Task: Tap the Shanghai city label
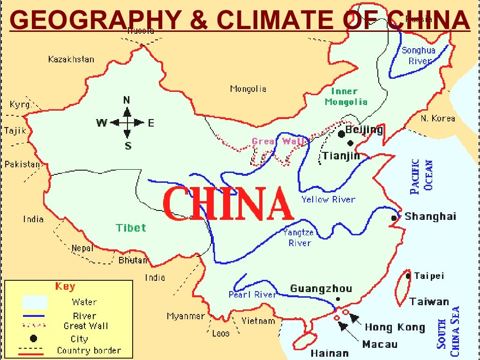click(x=430, y=217)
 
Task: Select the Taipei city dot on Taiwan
click(x=408, y=276)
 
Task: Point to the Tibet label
click(x=131, y=228)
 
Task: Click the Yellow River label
click(x=328, y=200)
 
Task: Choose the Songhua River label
click(x=419, y=55)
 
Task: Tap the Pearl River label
click(x=252, y=295)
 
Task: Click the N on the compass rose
click(x=127, y=100)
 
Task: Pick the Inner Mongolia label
click(x=346, y=97)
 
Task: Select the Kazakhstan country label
click(x=71, y=60)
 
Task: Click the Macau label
click(x=380, y=345)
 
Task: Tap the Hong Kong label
click(x=395, y=327)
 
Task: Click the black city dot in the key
click(x=33, y=338)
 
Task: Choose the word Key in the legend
click(x=65, y=286)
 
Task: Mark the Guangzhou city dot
click(x=338, y=299)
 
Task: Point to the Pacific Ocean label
click(x=421, y=177)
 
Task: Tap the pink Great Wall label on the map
click(x=278, y=141)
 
